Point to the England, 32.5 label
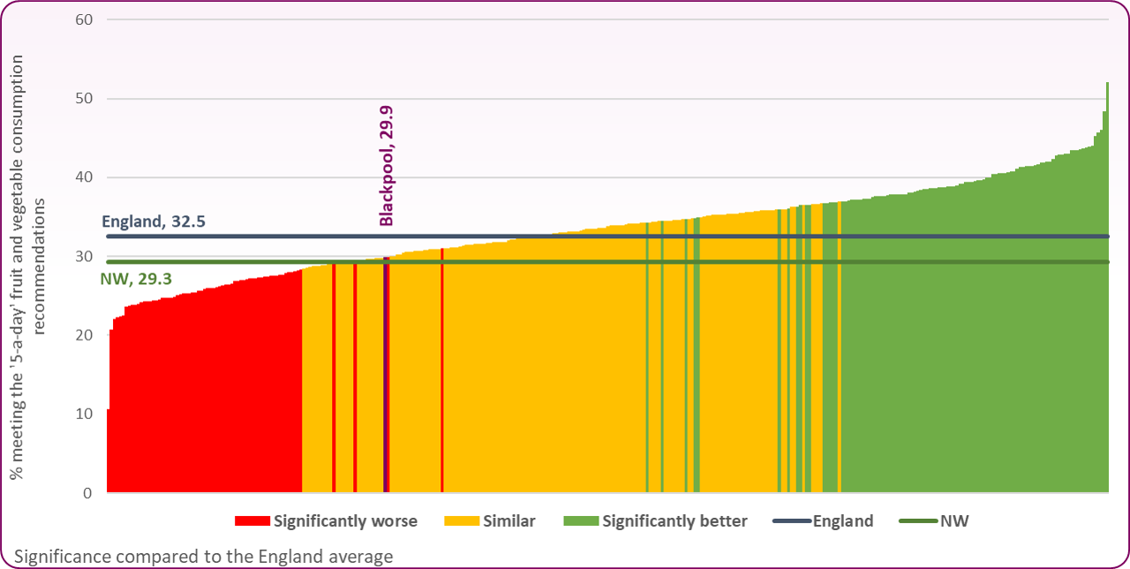pos(154,221)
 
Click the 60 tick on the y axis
pos(85,19)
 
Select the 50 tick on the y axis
pos(85,99)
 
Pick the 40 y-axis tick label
pos(85,177)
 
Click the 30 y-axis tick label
pos(85,257)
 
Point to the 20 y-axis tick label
pos(85,335)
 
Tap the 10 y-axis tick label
pos(85,414)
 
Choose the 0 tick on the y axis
pos(89,493)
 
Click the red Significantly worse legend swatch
pos(252,521)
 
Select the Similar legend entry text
pos(509,521)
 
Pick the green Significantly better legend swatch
pos(580,521)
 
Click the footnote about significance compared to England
pos(204,557)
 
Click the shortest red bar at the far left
pos(108,451)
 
